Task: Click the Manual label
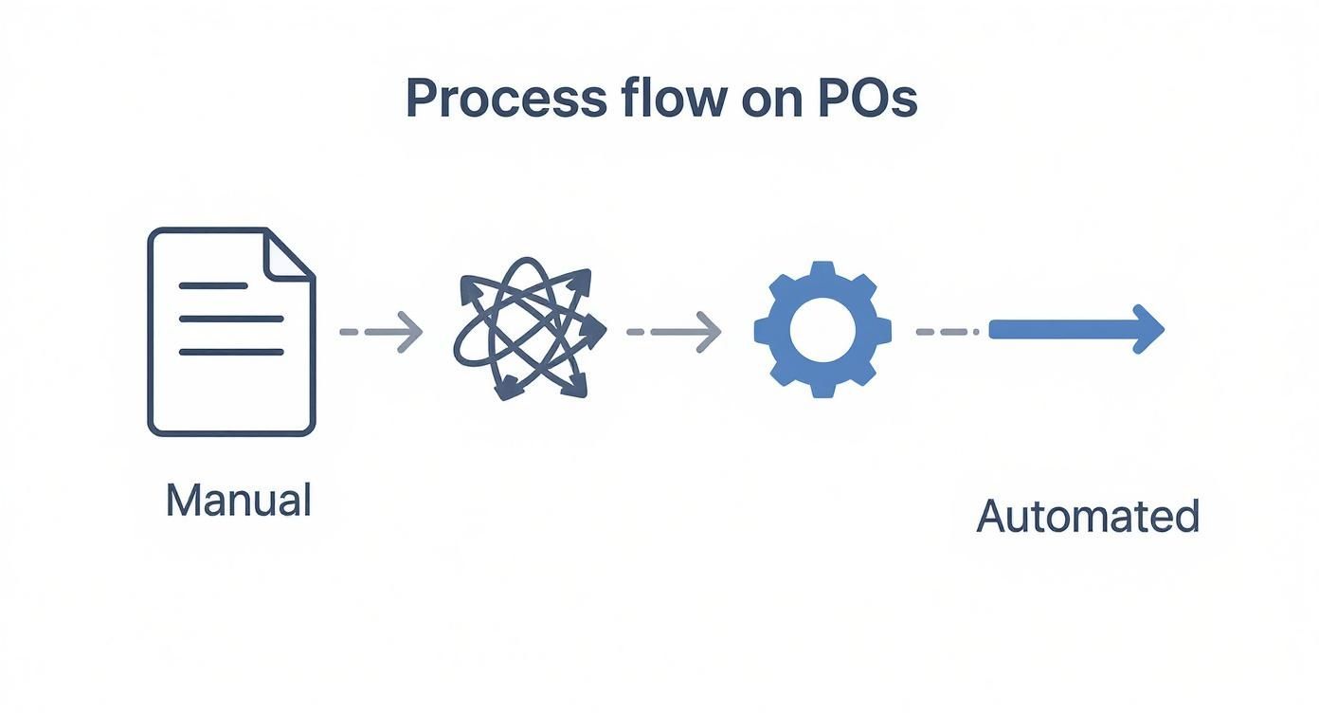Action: (238, 500)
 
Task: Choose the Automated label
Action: (1088, 517)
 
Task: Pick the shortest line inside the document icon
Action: (213, 285)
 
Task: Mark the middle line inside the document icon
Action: (231, 319)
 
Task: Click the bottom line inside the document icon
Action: (231, 352)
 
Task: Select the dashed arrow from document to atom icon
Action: (381, 332)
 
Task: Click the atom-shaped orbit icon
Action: (529, 327)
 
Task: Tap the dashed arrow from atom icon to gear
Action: (674, 332)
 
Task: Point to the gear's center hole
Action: (822, 330)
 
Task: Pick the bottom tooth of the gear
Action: (822, 390)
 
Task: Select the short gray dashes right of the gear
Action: (947, 332)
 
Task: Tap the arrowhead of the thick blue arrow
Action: (1147, 329)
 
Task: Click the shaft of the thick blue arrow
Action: (1061, 329)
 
